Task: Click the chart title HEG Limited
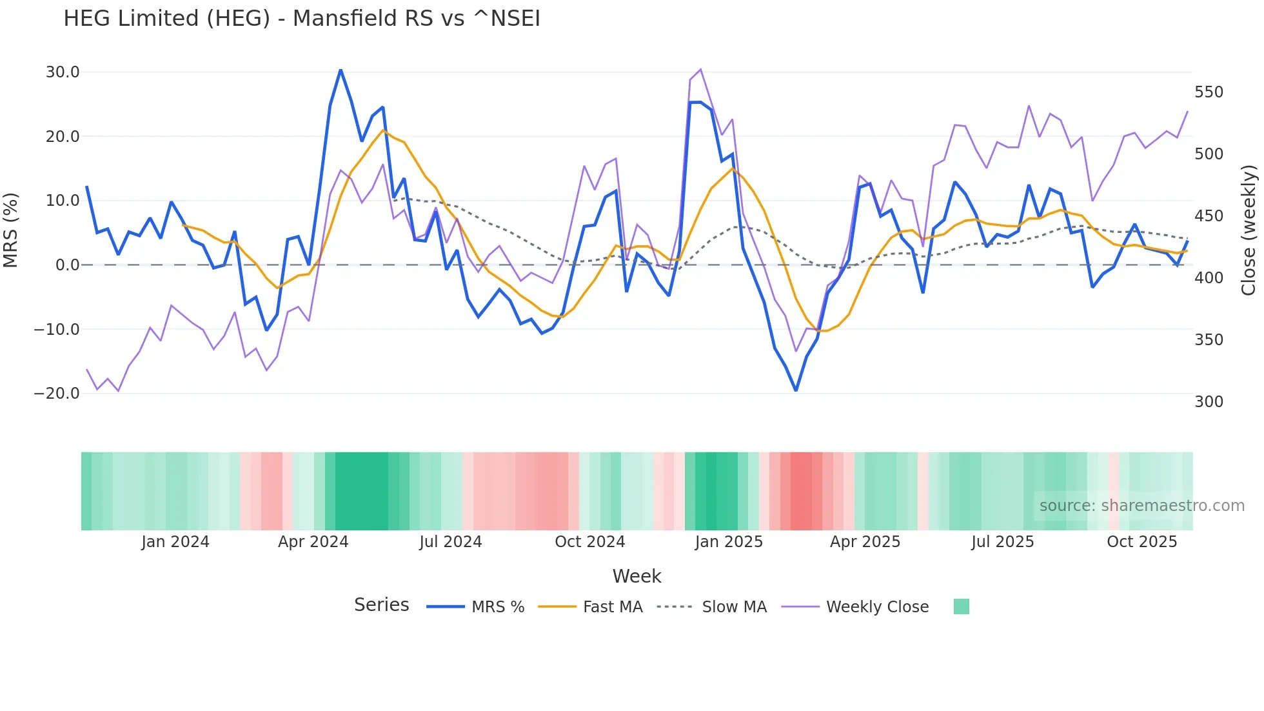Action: (301, 19)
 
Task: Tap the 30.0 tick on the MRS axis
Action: (63, 72)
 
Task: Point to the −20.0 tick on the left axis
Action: (57, 394)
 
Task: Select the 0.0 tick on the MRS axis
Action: (68, 265)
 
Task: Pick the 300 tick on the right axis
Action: (1209, 402)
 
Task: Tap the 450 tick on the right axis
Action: (1209, 216)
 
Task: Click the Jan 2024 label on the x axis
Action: (175, 542)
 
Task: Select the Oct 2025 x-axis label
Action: (1141, 542)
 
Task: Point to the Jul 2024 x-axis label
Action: (450, 542)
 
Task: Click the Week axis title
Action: (637, 576)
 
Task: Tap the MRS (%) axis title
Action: (11, 230)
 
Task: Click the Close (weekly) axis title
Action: (1249, 230)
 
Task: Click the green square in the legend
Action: (961, 606)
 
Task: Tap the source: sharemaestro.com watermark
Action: (1141, 506)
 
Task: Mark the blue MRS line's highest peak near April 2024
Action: (341, 70)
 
